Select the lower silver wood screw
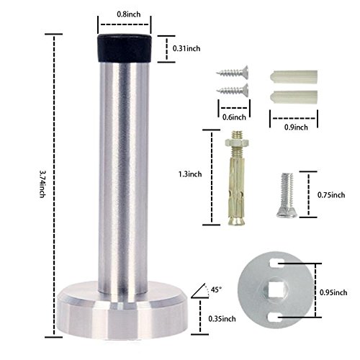click(231, 90)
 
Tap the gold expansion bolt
click(236, 184)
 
